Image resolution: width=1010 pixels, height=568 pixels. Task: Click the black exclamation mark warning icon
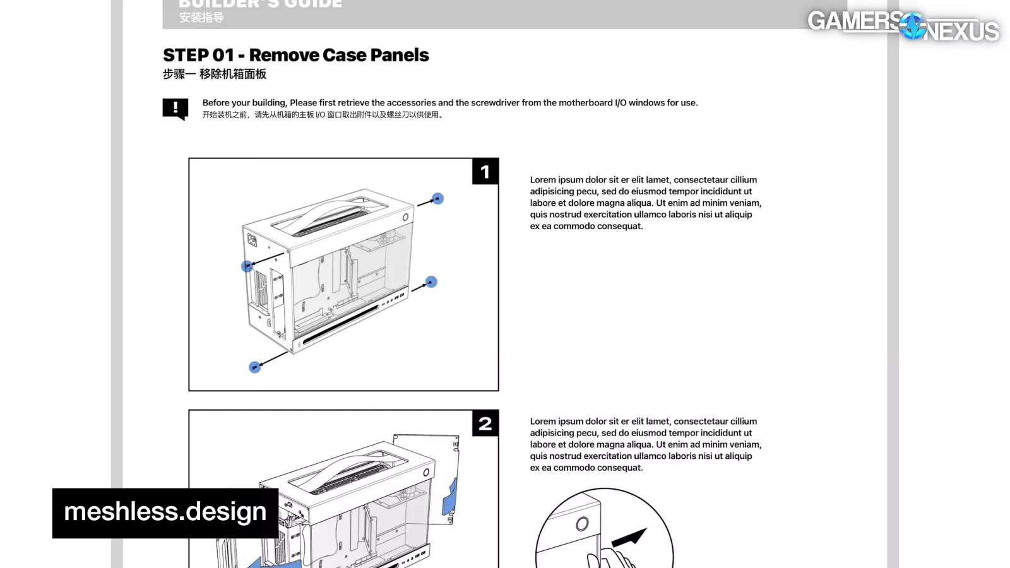click(175, 108)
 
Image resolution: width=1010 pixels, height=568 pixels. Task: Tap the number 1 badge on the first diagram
click(485, 172)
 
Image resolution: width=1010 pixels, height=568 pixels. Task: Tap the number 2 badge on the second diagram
click(485, 423)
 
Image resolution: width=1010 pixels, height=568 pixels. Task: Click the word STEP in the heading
click(186, 56)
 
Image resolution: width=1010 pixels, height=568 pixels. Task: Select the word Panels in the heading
click(400, 56)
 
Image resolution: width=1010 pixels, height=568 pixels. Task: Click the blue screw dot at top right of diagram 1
click(437, 199)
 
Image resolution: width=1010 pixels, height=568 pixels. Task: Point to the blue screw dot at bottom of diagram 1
click(254, 367)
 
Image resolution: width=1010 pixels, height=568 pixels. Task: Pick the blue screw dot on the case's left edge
click(247, 266)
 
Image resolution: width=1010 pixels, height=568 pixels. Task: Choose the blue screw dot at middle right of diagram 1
click(431, 282)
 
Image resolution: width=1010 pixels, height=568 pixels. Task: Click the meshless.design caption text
click(165, 512)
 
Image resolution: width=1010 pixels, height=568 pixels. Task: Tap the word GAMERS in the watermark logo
click(854, 21)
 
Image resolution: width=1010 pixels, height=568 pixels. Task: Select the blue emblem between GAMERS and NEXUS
click(912, 27)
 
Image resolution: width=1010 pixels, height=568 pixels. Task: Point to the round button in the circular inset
click(582, 524)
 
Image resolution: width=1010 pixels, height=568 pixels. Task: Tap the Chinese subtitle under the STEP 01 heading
click(215, 74)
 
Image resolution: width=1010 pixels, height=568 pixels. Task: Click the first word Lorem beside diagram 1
click(543, 180)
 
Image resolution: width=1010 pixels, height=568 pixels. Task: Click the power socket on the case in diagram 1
click(252, 240)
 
